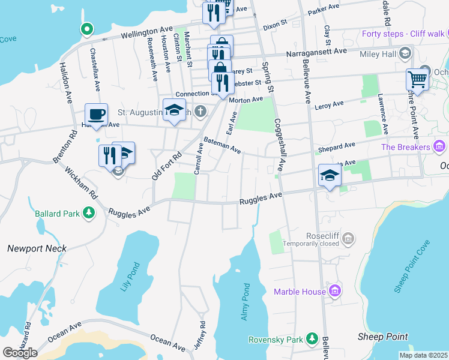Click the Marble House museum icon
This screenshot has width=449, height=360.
[x=335, y=292]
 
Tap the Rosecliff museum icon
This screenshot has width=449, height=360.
[x=347, y=239]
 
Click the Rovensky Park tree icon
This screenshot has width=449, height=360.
[x=312, y=340]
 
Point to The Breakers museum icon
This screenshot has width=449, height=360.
[x=439, y=146]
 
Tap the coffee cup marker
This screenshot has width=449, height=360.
[x=96, y=113]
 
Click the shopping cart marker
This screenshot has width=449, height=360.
[x=416, y=79]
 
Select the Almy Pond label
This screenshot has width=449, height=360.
[x=245, y=302]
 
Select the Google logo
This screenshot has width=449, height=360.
[x=20, y=353]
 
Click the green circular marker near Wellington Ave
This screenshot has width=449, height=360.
[x=87, y=28]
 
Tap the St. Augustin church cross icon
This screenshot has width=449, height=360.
[x=200, y=112]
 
